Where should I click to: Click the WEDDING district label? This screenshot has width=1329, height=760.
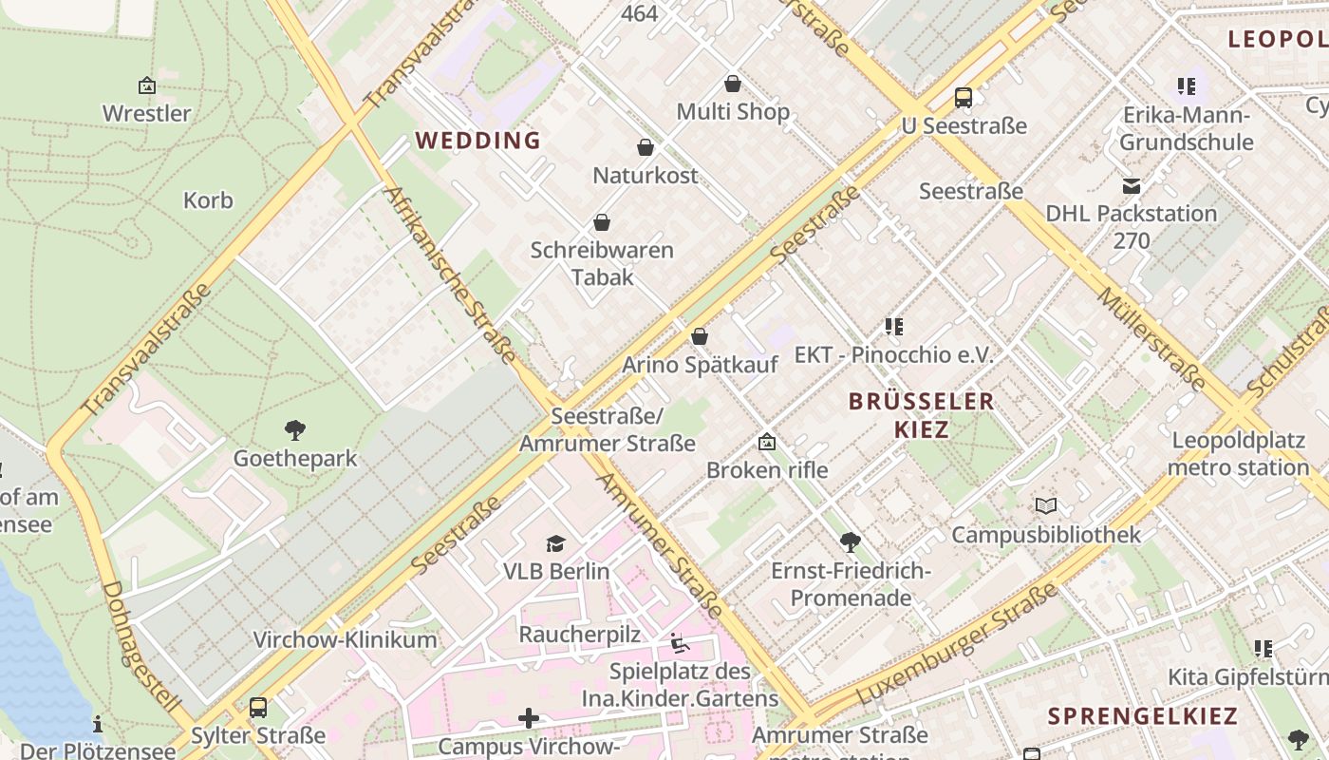click(x=477, y=141)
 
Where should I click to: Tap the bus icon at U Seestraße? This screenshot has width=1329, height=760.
click(x=964, y=97)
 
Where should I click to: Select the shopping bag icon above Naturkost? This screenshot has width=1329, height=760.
click(x=646, y=147)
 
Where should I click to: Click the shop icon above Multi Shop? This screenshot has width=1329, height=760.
click(x=732, y=84)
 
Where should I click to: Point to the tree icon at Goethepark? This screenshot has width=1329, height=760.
click(x=295, y=430)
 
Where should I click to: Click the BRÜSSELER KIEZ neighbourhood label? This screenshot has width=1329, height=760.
click(x=921, y=415)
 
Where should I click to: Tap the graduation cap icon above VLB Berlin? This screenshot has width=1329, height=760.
click(x=555, y=543)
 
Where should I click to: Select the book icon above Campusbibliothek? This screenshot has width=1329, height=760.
click(x=1046, y=506)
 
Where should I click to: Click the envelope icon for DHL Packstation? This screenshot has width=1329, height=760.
click(x=1131, y=186)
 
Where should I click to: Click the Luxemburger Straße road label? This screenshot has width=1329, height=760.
click(x=957, y=644)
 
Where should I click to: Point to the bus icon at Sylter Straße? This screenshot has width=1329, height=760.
click(x=257, y=708)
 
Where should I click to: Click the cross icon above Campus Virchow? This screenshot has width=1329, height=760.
click(x=529, y=719)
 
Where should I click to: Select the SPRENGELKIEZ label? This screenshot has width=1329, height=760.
click(x=1143, y=716)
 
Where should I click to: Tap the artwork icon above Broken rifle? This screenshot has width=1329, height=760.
click(x=767, y=443)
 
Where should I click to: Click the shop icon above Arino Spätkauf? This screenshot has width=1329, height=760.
click(x=700, y=336)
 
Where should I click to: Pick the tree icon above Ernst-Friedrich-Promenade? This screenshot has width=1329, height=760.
click(x=851, y=542)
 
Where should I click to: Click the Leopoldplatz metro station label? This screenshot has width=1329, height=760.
click(x=1238, y=454)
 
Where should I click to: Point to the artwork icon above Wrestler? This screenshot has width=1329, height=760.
click(x=147, y=85)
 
